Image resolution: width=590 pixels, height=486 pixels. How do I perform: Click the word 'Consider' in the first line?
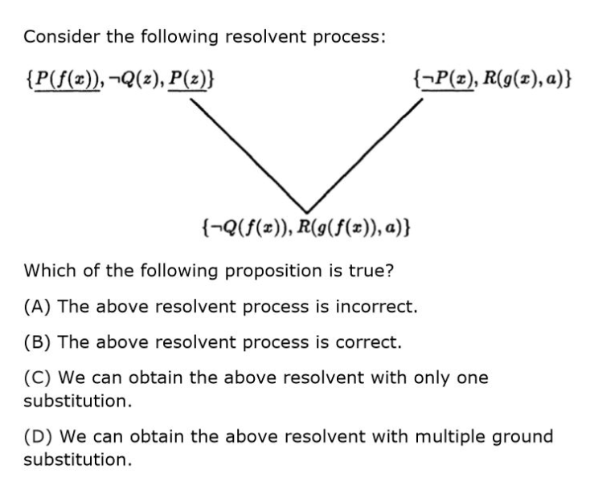(55, 37)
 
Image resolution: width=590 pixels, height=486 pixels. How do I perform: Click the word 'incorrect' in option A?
(379, 306)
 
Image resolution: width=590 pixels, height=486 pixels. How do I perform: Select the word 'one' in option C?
(472, 378)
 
